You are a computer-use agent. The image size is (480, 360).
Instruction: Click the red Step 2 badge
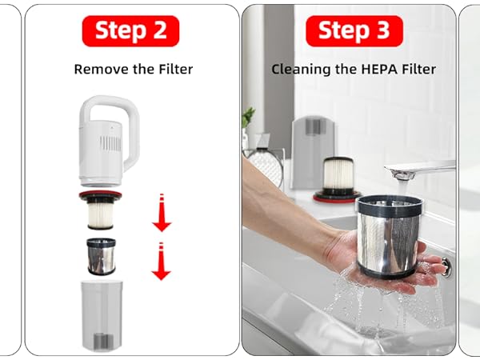[130, 31]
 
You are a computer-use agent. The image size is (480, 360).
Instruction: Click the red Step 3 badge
[354, 31]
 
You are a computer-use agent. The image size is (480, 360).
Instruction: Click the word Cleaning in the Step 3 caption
[302, 70]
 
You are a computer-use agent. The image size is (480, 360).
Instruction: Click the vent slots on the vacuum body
[110, 143]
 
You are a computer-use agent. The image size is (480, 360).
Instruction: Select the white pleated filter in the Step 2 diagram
[101, 215]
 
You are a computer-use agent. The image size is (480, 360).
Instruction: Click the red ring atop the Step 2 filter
[101, 194]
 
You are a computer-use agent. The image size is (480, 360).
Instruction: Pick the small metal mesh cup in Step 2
[102, 257]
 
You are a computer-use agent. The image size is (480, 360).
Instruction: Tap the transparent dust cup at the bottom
[102, 315]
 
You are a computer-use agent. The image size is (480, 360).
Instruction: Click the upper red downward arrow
[162, 212]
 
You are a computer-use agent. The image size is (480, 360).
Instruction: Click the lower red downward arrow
[162, 261]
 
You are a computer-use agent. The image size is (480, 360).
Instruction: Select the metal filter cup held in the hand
[389, 236]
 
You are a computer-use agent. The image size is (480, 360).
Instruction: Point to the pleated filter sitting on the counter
[338, 179]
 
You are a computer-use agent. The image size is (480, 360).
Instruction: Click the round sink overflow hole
[446, 266]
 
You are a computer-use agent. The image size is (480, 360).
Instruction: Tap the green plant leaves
[248, 117]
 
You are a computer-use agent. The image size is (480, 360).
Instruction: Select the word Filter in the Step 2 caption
[176, 69]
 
